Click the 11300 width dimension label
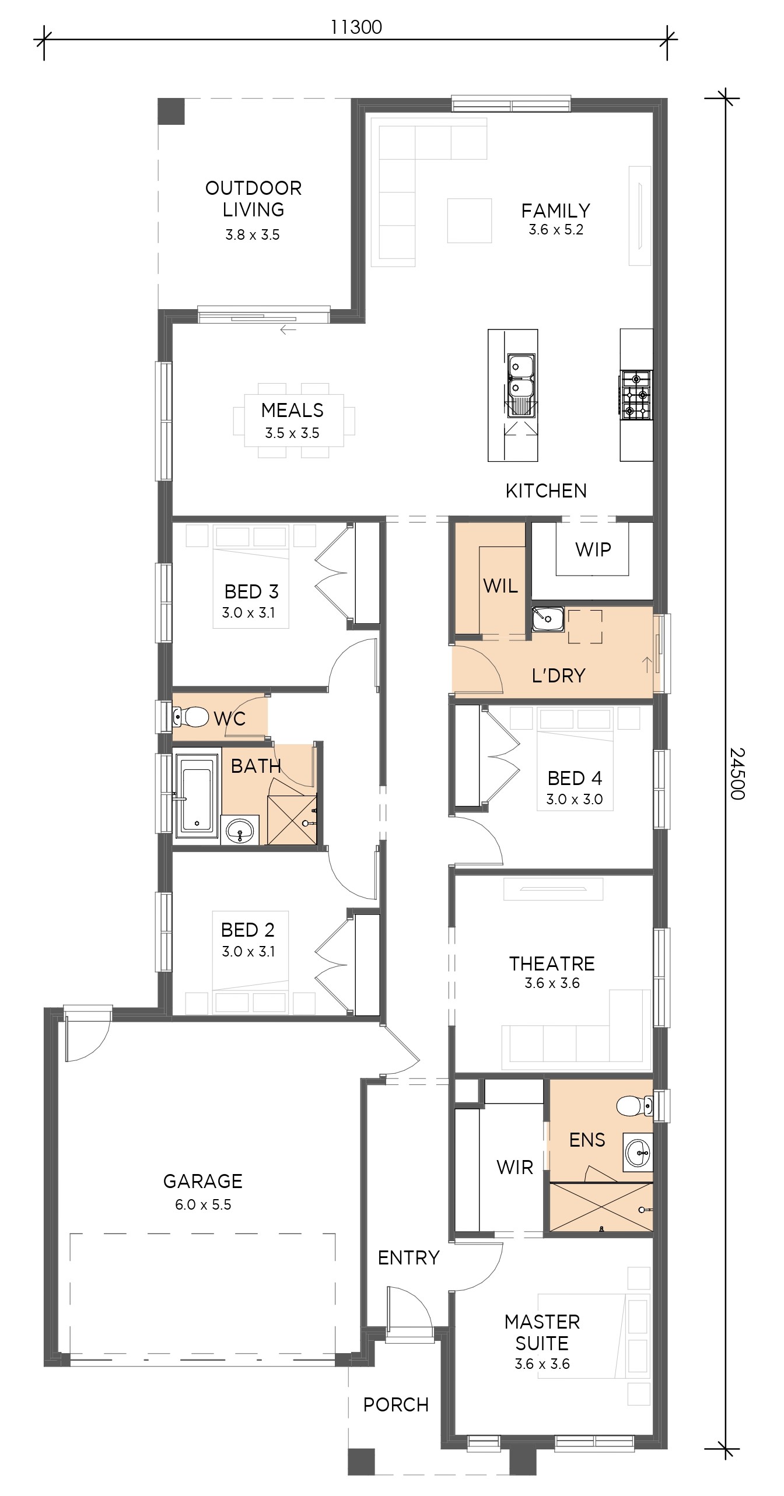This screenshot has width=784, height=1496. coord(356,27)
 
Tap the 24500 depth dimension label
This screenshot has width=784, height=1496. coord(738,773)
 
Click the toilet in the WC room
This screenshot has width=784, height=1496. coord(191,717)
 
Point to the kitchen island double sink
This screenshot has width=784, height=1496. coord(521,385)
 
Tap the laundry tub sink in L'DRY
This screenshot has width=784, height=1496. coord(548,618)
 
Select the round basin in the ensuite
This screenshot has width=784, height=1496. coord(638,1152)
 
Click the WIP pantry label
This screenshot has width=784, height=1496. coord(593,549)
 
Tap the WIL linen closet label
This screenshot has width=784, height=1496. coord(501,586)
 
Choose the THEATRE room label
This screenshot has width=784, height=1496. coord(552,964)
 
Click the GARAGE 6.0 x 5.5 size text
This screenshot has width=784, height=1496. coord(203,1204)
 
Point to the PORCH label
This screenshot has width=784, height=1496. coord(395,1405)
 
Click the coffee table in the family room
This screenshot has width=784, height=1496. coord(469,220)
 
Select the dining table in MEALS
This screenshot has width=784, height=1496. coord(293,420)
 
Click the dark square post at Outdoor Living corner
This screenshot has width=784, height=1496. coord(171,111)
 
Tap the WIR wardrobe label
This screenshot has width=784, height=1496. coord(514,1167)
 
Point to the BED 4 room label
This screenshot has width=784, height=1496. coord(575,777)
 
